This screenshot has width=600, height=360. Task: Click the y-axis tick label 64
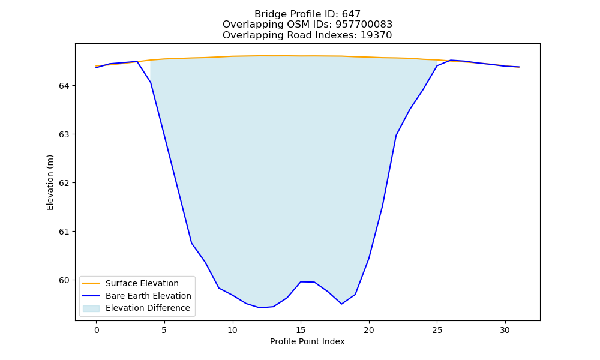[64, 86]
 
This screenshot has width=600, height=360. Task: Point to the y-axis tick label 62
[64, 183]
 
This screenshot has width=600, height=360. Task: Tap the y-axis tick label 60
[64, 280]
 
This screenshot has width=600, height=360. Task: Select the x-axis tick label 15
[301, 330]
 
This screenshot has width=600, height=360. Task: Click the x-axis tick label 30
[505, 330]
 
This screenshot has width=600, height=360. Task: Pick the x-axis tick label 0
[97, 330]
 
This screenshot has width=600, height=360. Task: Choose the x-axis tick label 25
[437, 330]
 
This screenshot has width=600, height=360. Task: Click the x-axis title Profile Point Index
[307, 341]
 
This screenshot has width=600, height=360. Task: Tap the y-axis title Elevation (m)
[50, 182]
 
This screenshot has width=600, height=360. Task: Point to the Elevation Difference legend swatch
[91, 308]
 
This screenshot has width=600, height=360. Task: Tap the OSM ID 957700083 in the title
[364, 25]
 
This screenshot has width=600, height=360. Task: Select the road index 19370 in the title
[376, 35]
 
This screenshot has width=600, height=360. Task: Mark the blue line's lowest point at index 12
[260, 308]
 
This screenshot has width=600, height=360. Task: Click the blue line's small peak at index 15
[301, 282]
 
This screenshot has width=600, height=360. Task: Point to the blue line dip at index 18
[341, 304]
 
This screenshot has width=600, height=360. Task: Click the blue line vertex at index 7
[192, 244]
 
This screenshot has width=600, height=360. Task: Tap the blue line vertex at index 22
[396, 136]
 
